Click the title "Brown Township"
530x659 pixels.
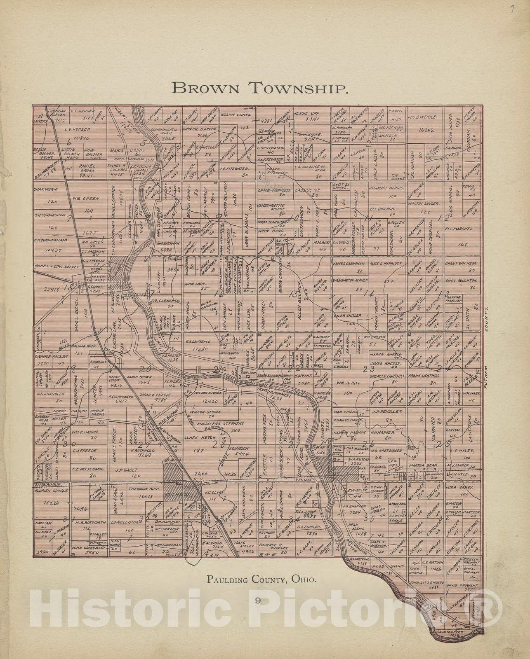click(x=260, y=87)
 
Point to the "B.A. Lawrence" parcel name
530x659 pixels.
click(x=198, y=341)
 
